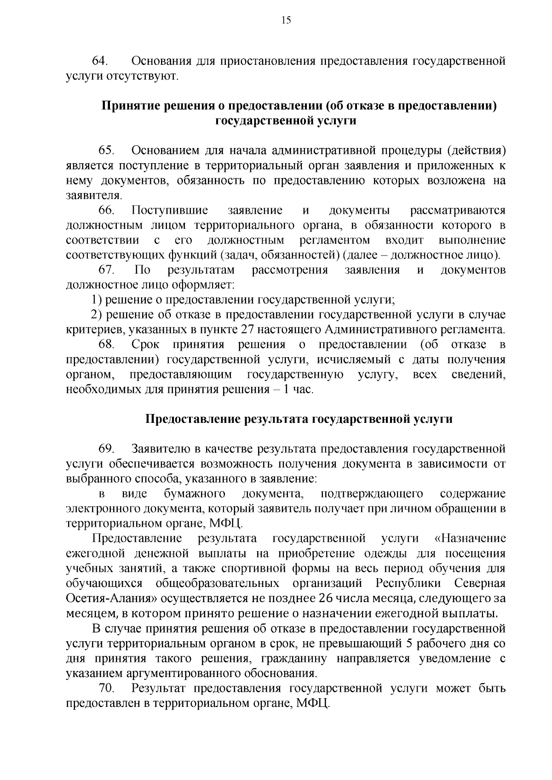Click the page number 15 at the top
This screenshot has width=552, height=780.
pos(286,20)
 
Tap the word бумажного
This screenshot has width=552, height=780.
pos(194,493)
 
